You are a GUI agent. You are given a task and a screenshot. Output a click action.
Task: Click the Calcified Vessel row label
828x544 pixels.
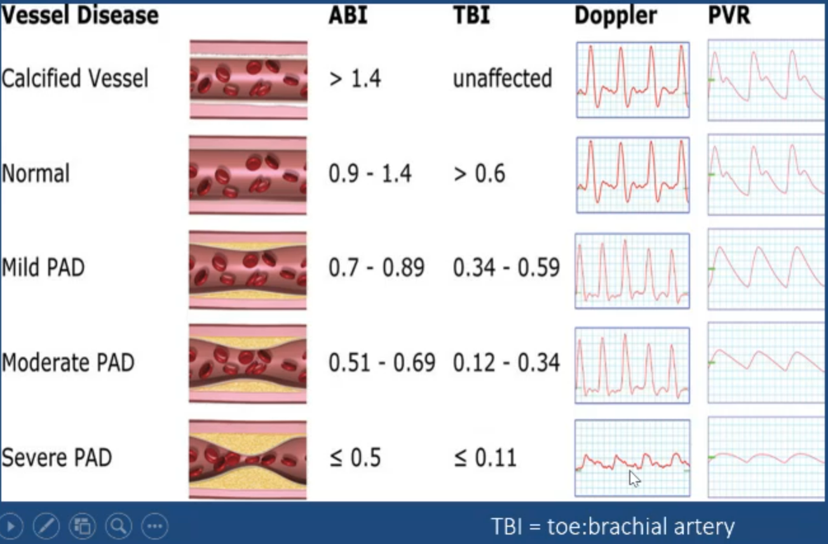[x=75, y=79]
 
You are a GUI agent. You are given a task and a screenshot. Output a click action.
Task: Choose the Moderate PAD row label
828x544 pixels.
[x=68, y=363]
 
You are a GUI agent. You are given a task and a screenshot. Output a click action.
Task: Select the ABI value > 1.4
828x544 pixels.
[x=355, y=79]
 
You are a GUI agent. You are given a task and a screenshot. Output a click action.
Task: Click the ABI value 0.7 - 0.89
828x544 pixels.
[x=376, y=268]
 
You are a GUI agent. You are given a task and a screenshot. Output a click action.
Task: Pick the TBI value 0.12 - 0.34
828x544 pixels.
[x=506, y=363]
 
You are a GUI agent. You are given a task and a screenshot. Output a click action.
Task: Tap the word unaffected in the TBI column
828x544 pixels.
[x=502, y=79]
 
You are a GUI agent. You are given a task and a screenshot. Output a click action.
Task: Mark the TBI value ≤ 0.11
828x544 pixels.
[x=485, y=458]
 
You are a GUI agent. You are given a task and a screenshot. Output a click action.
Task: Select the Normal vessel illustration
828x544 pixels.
[x=248, y=175]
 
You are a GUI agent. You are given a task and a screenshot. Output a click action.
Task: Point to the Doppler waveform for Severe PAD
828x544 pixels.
[x=632, y=458]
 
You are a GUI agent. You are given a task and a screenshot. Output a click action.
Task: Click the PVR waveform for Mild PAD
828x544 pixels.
[x=766, y=269]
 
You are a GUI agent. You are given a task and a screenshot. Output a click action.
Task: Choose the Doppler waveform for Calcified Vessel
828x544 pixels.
[x=633, y=80]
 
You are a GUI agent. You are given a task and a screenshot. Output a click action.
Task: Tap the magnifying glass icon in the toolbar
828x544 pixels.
[x=118, y=526]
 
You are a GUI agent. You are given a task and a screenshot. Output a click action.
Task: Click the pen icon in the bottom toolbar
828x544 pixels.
[x=46, y=526]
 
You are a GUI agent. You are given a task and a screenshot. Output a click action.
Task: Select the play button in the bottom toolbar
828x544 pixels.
[x=11, y=526]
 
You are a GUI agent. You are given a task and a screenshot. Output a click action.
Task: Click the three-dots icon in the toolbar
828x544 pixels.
[x=154, y=526]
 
